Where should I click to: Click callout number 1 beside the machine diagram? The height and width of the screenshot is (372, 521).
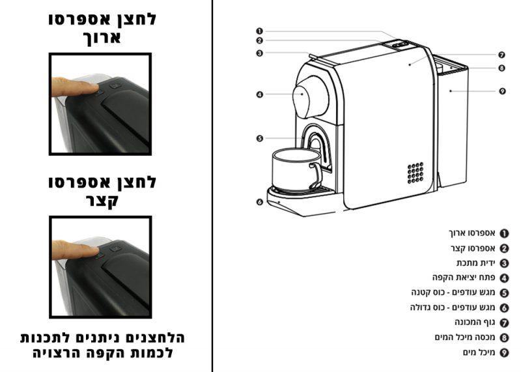[259, 31]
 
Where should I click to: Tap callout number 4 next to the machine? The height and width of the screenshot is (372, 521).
[259, 94]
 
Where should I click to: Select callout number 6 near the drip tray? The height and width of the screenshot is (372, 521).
[259, 202]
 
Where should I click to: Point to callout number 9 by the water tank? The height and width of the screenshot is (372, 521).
[502, 91]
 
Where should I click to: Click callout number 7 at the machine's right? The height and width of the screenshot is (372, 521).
[501, 55]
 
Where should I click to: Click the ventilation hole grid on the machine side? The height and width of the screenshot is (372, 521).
[415, 173]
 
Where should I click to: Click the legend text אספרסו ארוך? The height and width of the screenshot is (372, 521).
[472, 233]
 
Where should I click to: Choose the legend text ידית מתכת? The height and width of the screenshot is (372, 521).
[476, 263]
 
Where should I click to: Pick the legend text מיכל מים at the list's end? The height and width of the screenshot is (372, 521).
[479, 352]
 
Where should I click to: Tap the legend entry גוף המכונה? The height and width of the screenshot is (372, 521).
[475, 322]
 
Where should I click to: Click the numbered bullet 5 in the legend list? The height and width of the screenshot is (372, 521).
[504, 293]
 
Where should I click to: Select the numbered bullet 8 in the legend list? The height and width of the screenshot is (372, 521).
[504, 337]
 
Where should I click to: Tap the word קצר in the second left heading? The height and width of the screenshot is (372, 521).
[102, 201]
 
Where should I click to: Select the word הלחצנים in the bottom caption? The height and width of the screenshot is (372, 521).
[155, 337]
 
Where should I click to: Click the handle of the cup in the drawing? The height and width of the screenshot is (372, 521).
[317, 175]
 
